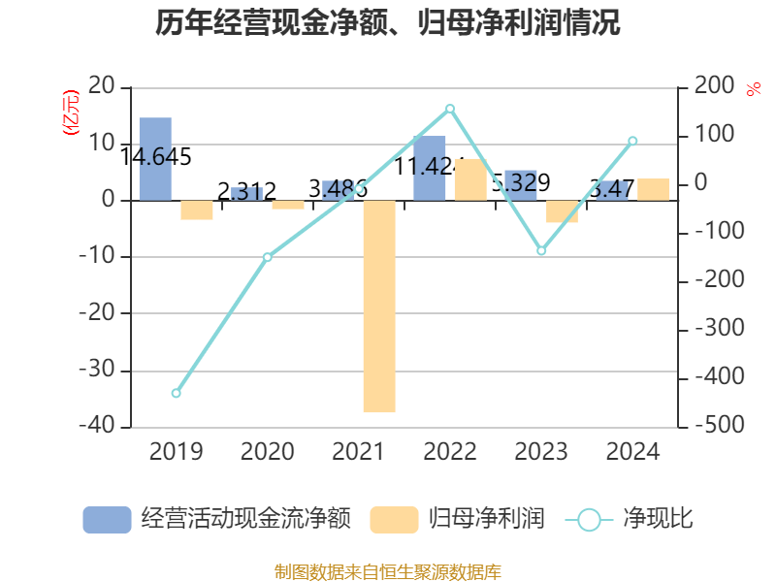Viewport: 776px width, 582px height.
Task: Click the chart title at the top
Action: pyautogui.click(x=387, y=23)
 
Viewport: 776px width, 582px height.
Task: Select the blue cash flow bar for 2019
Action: pyautogui.click(x=155, y=159)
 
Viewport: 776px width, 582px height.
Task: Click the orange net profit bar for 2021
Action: pyautogui.click(x=379, y=307)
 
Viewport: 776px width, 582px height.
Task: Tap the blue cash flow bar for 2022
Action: pyautogui.click(x=430, y=169)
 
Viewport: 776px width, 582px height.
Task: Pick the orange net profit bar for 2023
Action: pyautogui.click(x=562, y=211)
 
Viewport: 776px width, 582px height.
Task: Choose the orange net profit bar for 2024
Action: pyautogui.click(x=653, y=189)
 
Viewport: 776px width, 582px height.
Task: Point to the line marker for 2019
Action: pyautogui.click(x=176, y=393)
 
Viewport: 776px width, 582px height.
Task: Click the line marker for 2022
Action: pyautogui.click(x=450, y=109)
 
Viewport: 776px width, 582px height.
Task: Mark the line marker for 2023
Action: pyautogui.click(x=541, y=250)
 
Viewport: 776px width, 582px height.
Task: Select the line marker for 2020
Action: pyautogui.click(x=268, y=257)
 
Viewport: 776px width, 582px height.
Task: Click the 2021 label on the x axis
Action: pyautogui.click(x=359, y=452)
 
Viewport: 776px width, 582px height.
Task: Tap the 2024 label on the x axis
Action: pyautogui.click(x=632, y=452)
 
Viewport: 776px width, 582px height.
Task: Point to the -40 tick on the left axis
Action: pyautogui.click(x=97, y=427)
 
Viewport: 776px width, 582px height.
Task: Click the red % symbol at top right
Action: pyautogui.click(x=753, y=89)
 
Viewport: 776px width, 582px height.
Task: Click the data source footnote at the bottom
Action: pyautogui.click(x=387, y=571)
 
